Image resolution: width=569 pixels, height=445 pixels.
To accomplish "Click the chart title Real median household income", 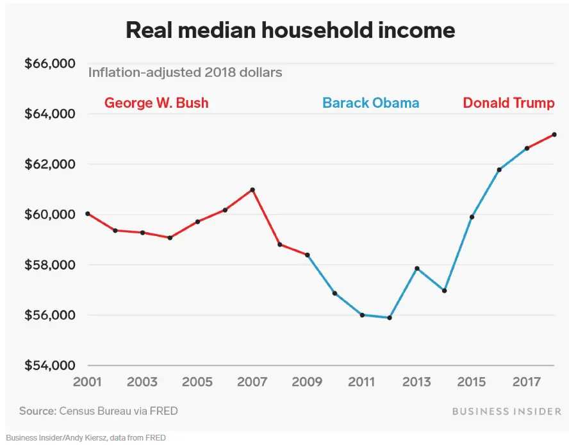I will coord(290,30).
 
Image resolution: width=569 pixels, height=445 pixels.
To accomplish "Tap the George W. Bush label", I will coord(156,103).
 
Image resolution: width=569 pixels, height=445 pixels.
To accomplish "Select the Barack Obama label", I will coord(370,103).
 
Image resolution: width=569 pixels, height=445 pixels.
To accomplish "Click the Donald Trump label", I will coord(508,103).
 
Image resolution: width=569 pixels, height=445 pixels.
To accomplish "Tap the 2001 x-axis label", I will coord(88,383).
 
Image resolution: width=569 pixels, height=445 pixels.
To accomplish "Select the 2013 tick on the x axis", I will coord(416,383).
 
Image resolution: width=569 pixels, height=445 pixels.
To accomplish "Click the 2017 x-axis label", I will coord(527,383).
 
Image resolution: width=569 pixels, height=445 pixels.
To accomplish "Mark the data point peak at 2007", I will coord(252,190).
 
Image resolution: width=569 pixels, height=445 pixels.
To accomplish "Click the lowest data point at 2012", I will coord(390,317).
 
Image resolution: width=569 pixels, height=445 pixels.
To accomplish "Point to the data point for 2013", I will coord(417,269).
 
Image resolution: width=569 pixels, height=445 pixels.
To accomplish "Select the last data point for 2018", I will coord(554,135).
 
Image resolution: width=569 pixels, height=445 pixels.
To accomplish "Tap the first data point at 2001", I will coord(88,214).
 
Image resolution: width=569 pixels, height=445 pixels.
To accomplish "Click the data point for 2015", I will coord(472,217).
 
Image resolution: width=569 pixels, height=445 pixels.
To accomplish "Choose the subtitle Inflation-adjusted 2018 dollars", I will coord(185,72).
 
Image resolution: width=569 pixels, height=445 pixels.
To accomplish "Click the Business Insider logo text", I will coord(507,411).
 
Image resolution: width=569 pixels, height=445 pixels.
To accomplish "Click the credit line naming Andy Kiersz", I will coord(86,438).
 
